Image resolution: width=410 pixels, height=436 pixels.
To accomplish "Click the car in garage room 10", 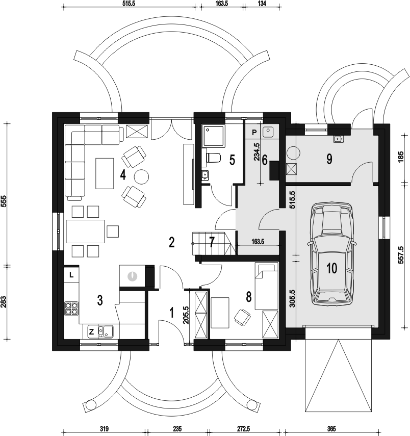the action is pos(331,253).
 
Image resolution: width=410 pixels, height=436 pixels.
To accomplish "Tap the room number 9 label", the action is pos(329,159).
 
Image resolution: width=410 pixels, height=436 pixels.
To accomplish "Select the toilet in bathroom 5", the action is pos(213,158).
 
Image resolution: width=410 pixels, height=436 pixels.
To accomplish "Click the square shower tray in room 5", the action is pos(214,136).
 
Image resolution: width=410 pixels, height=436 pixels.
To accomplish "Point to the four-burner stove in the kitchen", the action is pos(71,309).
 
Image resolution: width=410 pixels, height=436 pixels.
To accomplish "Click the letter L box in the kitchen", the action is pos(71,275).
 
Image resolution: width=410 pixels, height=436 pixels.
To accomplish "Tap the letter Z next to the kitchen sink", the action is pos(91,331).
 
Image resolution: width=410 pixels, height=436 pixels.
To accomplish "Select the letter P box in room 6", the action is pos(254,133).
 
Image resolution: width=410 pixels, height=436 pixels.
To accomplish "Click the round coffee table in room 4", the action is pos(141,176).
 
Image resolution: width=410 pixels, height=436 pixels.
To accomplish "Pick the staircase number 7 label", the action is pos(212,242).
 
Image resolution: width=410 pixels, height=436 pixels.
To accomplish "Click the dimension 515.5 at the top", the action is pos(129,3).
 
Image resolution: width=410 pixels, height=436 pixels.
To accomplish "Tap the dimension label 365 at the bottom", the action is pos(331,428).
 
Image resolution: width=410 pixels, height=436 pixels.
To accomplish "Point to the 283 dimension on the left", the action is pos(4,302).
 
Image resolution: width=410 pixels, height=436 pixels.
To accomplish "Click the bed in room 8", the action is pos(267,287).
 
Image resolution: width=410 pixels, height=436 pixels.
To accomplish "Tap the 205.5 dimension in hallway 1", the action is pos(186,315).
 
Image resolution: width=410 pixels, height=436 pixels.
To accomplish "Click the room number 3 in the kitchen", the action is pos(100,300).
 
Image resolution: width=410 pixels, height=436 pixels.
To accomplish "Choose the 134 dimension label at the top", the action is pos(262,3).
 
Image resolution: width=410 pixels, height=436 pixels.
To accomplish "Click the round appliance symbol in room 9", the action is pos(293,153).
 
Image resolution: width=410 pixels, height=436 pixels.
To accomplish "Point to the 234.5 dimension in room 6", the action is pos(257,152).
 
